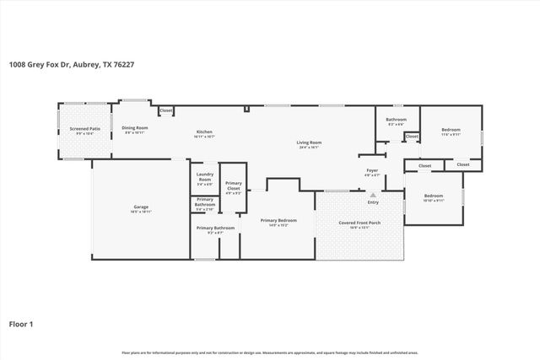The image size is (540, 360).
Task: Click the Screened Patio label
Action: tap(84, 130)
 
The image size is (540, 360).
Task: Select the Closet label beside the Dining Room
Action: tap(166, 110)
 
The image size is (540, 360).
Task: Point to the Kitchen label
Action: tap(204, 132)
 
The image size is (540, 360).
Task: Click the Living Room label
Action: tap(309, 143)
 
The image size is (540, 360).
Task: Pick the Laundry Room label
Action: tap(204, 178)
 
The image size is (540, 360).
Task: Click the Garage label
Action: tap(142, 207)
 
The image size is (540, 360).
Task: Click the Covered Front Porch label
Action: tap(359, 223)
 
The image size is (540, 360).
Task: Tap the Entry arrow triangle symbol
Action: tap(372, 195)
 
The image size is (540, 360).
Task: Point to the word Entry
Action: tap(372, 202)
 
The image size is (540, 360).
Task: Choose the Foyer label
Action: tap(372, 171)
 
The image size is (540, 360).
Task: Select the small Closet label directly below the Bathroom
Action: tap(412, 137)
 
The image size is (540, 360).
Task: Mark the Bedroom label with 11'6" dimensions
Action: tap(451, 130)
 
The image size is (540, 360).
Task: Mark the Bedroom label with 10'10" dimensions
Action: tap(433, 196)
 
